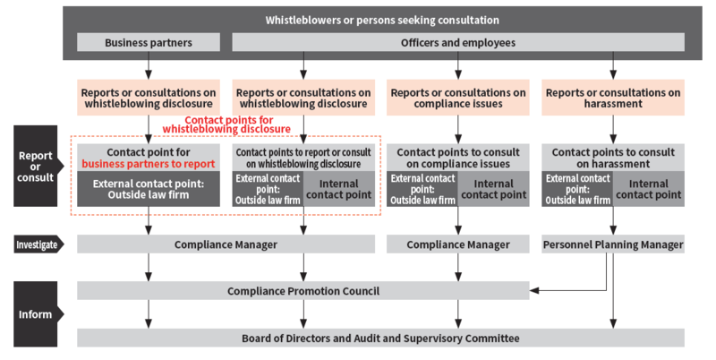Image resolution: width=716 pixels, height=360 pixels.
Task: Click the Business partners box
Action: click(x=149, y=42)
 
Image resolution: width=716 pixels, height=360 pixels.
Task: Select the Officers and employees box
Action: click(x=458, y=42)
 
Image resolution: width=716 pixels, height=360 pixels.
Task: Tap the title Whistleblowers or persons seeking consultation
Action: click(x=382, y=20)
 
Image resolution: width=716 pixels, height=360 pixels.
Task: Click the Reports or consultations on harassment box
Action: click(x=613, y=98)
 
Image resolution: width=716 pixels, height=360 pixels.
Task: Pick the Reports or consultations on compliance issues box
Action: click(x=458, y=98)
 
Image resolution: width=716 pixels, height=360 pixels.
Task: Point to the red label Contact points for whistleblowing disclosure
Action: click(x=227, y=124)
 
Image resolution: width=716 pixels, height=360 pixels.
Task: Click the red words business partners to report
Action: click(x=149, y=164)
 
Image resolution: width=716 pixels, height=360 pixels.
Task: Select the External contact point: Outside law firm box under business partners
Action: click(x=149, y=189)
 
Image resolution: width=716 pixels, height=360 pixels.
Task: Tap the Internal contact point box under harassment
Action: click(x=648, y=189)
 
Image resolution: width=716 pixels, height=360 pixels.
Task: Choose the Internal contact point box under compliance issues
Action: click(x=494, y=189)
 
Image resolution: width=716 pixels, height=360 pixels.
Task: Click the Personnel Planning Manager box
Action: click(x=613, y=244)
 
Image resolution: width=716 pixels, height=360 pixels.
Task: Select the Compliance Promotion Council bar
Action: click(x=303, y=291)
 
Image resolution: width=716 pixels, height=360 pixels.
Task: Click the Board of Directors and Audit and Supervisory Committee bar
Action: click(x=380, y=339)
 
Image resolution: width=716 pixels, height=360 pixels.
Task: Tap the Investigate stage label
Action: click(x=38, y=244)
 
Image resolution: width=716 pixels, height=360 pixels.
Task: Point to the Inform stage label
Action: click(x=38, y=314)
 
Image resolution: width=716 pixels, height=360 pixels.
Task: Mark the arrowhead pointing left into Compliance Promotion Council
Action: click(x=534, y=290)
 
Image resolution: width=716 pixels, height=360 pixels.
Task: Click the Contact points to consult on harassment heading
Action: click(x=613, y=159)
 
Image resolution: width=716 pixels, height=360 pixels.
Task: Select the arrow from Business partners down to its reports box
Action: click(x=149, y=65)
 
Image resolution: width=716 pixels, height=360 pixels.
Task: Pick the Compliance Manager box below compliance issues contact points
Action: click(x=458, y=244)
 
